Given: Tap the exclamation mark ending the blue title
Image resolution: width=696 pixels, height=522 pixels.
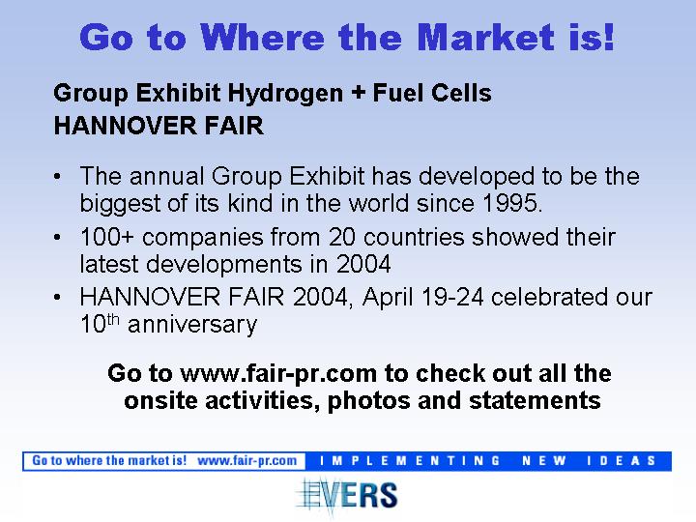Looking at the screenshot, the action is (x=608, y=37).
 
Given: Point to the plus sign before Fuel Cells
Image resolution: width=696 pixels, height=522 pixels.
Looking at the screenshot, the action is (x=358, y=93).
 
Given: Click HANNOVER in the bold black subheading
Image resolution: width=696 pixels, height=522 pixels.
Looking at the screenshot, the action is (x=125, y=126).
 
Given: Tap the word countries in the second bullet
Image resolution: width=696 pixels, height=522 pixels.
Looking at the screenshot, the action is (x=414, y=237).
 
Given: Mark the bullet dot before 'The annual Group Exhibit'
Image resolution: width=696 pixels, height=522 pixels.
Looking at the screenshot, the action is (x=57, y=177).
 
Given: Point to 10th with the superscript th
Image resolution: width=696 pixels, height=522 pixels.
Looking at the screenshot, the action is (x=100, y=324).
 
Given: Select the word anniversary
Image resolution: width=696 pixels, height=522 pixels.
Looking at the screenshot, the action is (x=192, y=326).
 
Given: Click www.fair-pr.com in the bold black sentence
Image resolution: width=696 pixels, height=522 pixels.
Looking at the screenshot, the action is (x=278, y=374).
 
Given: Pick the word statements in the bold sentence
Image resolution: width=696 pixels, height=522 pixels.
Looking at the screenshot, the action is (x=535, y=400).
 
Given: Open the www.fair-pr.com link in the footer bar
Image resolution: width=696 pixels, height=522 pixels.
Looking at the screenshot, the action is (x=246, y=461).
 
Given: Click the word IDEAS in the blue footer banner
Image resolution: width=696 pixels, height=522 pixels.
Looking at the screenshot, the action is (x=621, y=461).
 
